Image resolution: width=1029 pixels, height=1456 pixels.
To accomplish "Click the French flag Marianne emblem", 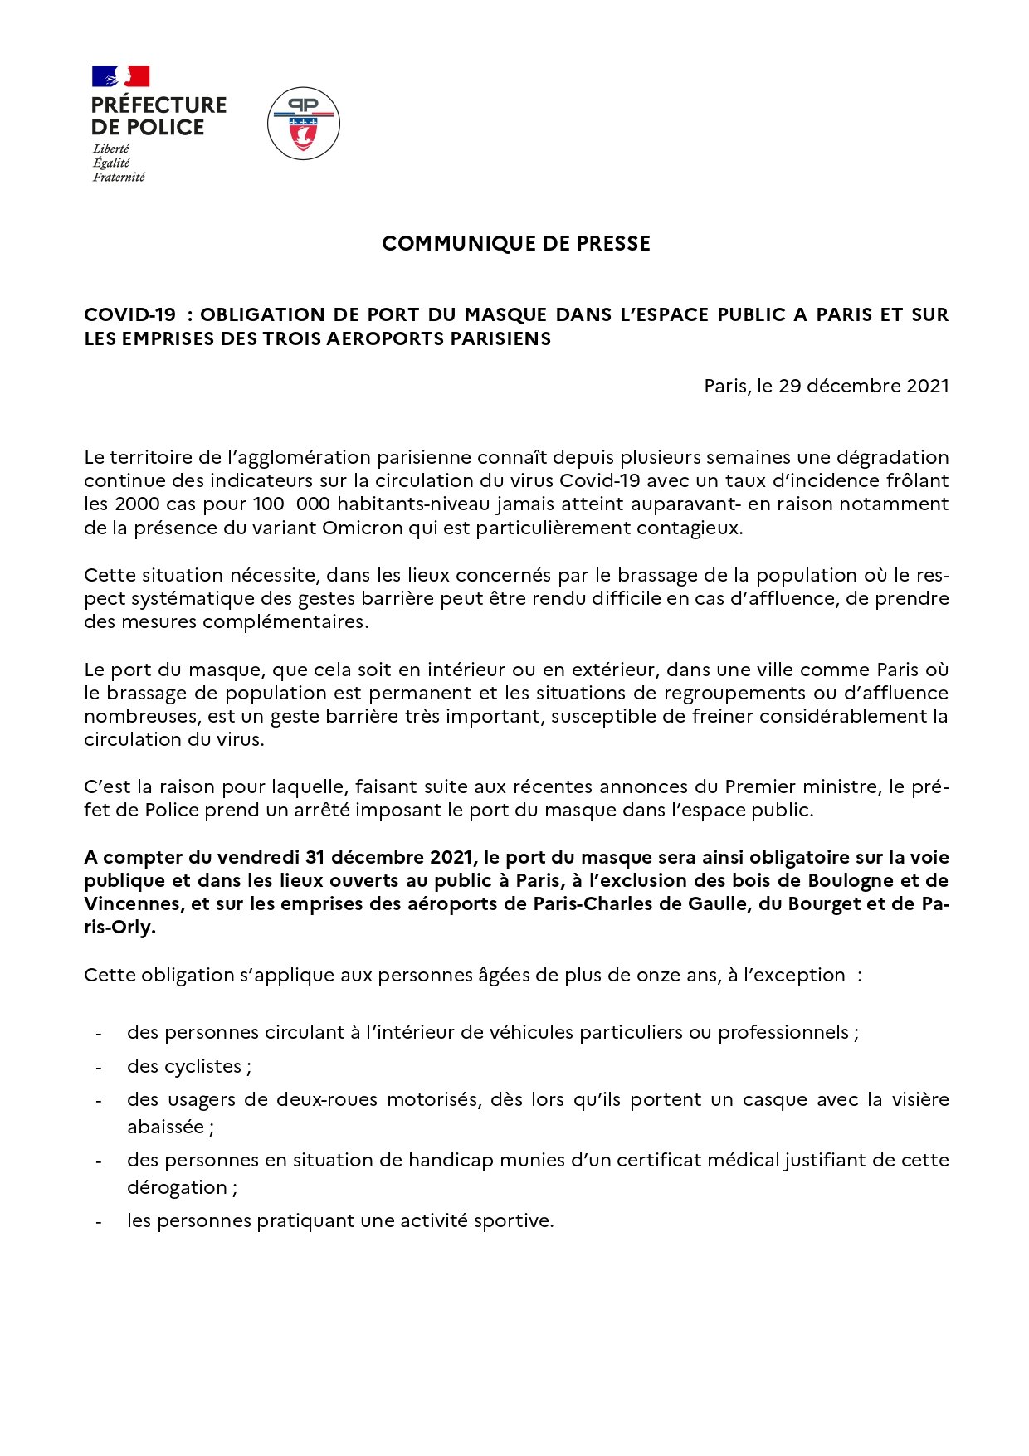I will (120, 76).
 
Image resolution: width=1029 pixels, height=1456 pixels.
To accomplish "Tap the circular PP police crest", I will (304, 124).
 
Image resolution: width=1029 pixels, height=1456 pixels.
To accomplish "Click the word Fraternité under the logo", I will (119, 177).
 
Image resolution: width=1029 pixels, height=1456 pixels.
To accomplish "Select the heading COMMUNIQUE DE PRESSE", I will (516, 244).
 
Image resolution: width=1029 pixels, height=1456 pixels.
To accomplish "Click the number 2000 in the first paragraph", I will (138, 504).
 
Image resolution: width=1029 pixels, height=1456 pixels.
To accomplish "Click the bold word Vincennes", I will (134, 903).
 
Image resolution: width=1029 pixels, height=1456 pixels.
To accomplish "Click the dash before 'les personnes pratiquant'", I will (100, 1222).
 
